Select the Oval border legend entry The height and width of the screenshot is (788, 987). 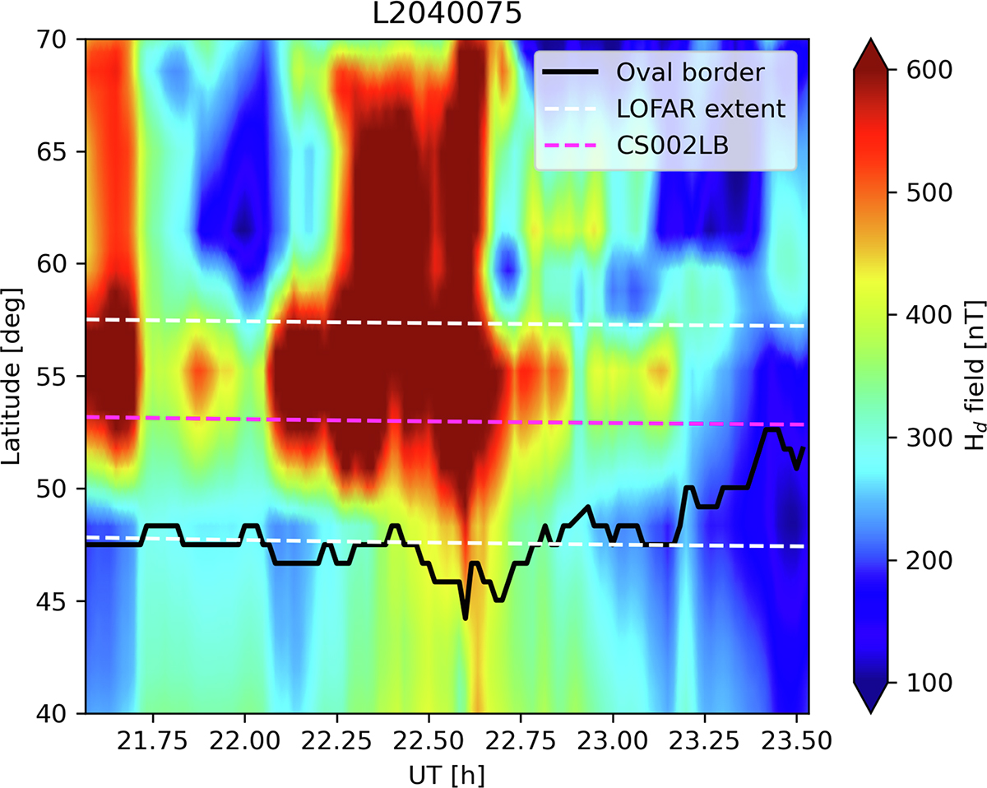pos(692,72)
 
